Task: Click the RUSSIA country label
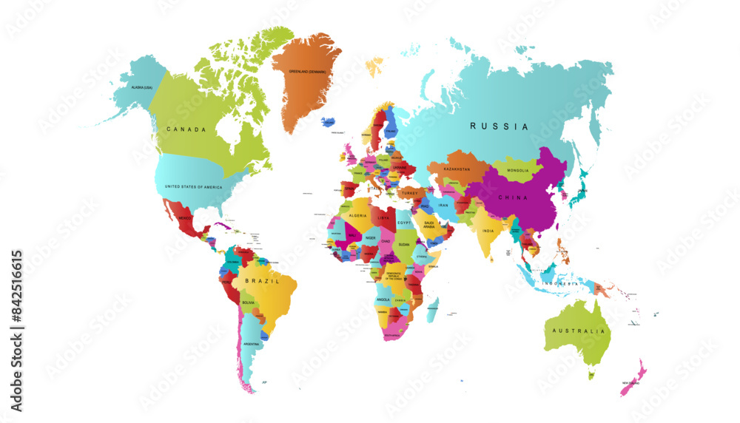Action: point(499,126)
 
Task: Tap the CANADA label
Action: point(186,129)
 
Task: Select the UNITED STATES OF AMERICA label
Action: point(193,187)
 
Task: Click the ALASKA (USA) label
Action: point(141,88)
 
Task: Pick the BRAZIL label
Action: point(266,282)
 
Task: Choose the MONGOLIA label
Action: point(518,172)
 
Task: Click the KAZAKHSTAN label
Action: point(457,169)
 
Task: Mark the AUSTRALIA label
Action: point(585,331)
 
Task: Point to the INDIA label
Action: point(488,231)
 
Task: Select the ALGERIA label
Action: point(358,215)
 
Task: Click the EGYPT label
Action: point(403,223)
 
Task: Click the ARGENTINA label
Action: point(252,345)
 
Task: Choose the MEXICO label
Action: point(186,219)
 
